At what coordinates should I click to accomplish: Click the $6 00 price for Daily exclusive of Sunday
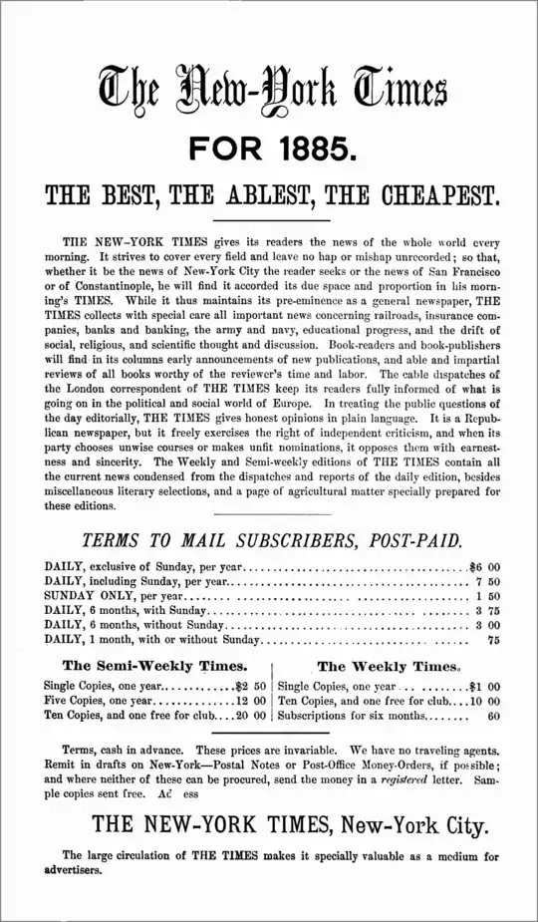click(x=484, y=567)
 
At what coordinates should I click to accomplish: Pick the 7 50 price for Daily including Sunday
click(x=487, y=581)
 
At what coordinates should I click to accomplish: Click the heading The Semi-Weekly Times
click(x=154, y=665)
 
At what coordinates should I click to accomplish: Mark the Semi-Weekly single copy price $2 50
click(x=250, y=686)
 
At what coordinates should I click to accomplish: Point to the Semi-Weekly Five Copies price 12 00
click(x=251, y=701)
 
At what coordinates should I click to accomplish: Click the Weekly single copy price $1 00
click(x=484, y=686)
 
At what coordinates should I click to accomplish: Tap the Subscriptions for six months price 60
click(x=493, y=716)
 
